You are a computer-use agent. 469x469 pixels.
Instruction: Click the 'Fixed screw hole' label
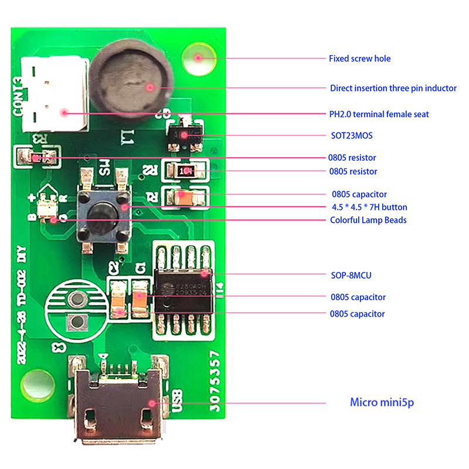coord(359,59)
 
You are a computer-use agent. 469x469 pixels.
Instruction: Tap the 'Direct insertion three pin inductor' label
coord(393,89)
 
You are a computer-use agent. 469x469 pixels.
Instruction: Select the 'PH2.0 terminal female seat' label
coord(379,114)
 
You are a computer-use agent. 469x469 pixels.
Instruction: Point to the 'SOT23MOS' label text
coord(351,136)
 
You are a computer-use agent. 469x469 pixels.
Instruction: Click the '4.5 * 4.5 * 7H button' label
coord(369,208)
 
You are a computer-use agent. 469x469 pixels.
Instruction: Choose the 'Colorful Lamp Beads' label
coord(368,220)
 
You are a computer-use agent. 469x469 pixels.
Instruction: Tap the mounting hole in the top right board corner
coord(198,57)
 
